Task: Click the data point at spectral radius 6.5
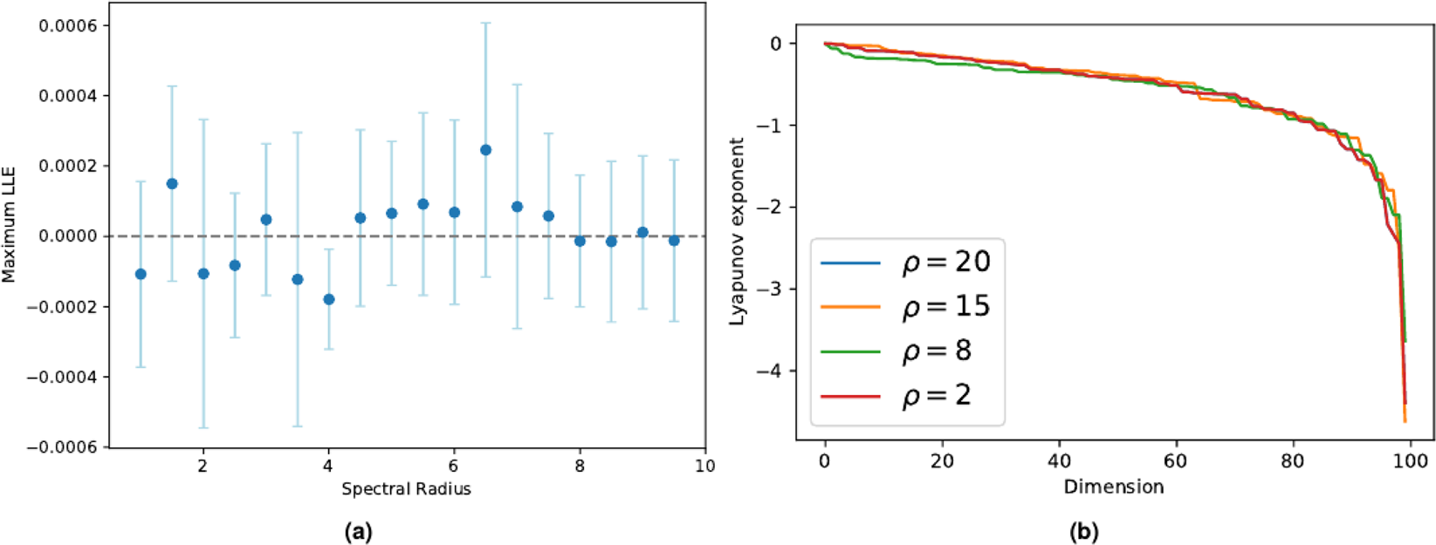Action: pyautogui.click(x=485, y=150)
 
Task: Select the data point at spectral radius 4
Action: pyautogui.click(x=329, y=299)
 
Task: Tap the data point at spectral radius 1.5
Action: pyautogui.click(x=172, y=184)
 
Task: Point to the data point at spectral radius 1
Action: pyautogui.click(x=141, y=274)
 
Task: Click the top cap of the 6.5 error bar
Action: pyautogui.click(x=485, y=23)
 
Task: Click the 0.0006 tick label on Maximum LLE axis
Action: pyautogui.click(x=73, y=25)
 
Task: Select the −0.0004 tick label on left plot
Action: pyautogui.click(x=68, y=377)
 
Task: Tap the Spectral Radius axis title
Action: pyautogui.click(x=406, y=489)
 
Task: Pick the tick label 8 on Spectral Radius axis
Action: pyautogui.click(x=580, y=467)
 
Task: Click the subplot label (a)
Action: pyautogui.click(x=358, y=532)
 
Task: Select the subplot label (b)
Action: pyautogui.click(x=1083, y=532)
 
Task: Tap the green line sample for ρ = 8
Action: pyautogui.click(x=850, y=351)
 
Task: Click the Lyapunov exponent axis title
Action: pyautogui.click(x=737, y=231)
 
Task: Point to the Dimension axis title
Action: pyautogui.click(x=1113, y=487)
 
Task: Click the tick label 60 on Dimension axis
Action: pyautogui.click(x=1175, y=461)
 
